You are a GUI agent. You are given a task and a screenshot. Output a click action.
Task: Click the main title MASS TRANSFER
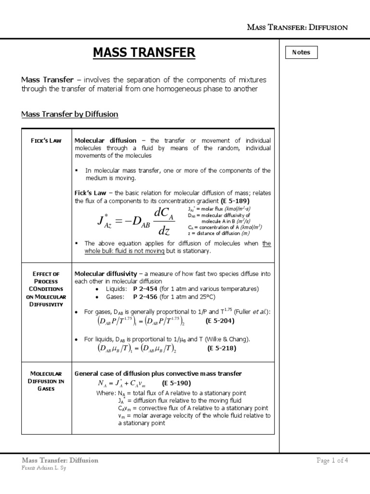(145, 52)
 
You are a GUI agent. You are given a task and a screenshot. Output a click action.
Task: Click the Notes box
(301, 52)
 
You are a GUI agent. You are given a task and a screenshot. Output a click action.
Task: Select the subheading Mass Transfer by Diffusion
(70, 114)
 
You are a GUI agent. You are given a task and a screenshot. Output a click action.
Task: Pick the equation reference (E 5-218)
(222, 348)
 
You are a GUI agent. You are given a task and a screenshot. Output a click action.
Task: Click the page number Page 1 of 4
(332, 460)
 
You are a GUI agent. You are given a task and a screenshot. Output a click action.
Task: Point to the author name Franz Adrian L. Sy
(44, 468)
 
